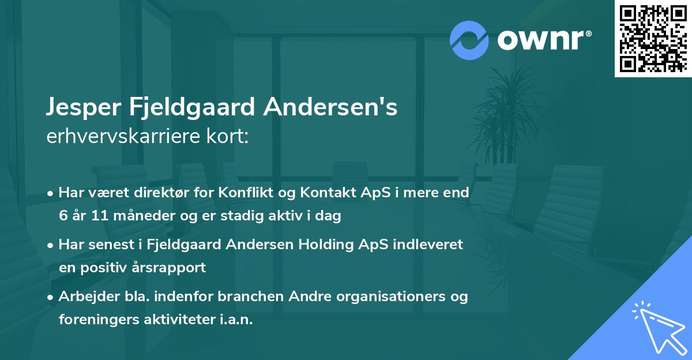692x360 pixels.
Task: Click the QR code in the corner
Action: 653,38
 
